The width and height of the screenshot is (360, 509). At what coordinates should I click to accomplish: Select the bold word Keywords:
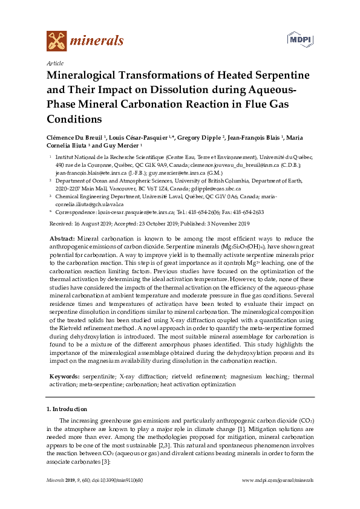click(64, 376)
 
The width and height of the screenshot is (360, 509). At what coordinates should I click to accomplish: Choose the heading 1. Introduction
click(67, 409)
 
